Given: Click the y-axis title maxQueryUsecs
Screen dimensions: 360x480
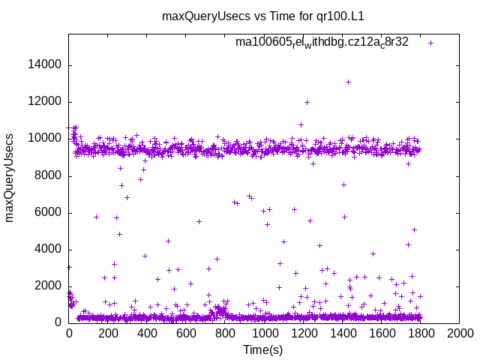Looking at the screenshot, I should (x=10, y=178).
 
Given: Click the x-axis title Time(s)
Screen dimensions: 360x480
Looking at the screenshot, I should (x=263, y=349).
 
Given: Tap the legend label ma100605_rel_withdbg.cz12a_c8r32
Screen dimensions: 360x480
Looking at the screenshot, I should (x=322, y=42).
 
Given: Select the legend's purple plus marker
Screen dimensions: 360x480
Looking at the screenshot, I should (x=430, y=43).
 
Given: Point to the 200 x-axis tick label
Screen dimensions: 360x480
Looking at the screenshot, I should (x=108, y=333).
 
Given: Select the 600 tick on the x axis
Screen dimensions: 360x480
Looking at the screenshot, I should (x=186, y=333).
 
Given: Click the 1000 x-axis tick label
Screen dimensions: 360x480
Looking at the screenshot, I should (x=264, y=333).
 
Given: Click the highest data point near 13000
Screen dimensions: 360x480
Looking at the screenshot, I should (x=348, y=82).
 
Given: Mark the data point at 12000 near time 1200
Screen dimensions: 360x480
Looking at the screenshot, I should (x=307, y=102).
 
